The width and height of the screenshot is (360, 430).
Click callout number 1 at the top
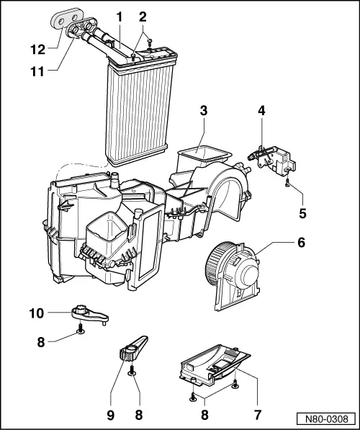pyautogui.click(x=120, y=15)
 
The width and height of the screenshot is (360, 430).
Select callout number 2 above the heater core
pyautogui.click(x=143, y=15)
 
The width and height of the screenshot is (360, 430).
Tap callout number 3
pyautogui.click(x=204, y=111)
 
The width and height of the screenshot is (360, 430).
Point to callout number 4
pyautogui.click(x=261, y=111)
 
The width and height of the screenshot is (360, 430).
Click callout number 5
pyautogui.click(x=302, y=212)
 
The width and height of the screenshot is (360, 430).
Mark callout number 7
pyautogui.click(x=257, y=415)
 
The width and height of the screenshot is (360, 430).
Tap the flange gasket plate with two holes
pyautogui.click(x=66, y=17)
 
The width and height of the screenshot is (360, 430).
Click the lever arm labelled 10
pyautogui.click(x=89, y=313)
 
